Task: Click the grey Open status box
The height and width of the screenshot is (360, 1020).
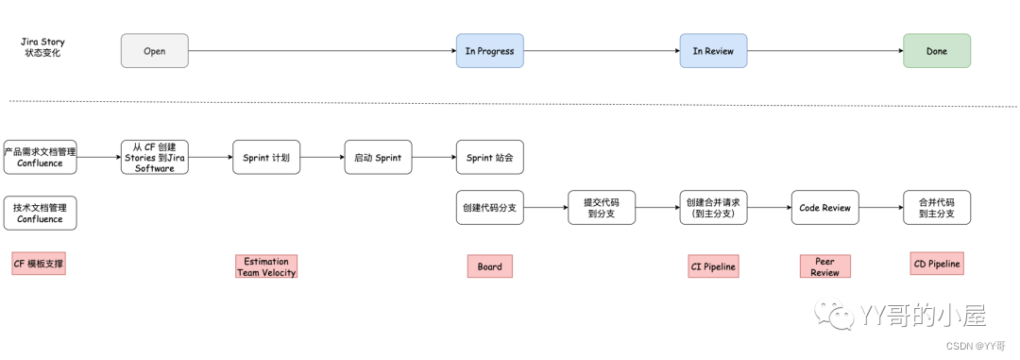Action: point(155,51)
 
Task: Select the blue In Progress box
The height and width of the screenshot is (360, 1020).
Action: point(489,51)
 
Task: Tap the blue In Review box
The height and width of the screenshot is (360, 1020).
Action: point(713,51)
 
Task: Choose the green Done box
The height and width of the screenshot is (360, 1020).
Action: point(936,51)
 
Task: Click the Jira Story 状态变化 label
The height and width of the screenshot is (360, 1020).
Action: point(42,47)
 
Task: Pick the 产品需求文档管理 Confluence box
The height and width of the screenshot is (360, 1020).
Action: point(40,157)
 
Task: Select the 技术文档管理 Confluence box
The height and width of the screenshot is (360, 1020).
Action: point(40,213)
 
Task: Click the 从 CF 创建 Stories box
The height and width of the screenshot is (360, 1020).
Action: point(155,157)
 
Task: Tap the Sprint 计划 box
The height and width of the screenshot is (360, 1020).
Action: point(266,157)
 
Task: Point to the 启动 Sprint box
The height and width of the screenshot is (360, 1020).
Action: point(378,157)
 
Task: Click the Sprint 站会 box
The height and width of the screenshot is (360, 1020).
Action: point(489,157)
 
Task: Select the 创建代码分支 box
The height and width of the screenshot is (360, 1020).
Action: point(489,208)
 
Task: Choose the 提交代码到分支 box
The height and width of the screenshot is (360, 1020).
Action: point(602,208)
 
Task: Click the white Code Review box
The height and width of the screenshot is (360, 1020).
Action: point(824,208)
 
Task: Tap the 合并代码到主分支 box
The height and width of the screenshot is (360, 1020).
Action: point(936,208)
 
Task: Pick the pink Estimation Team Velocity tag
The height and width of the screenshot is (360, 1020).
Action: point(266,266)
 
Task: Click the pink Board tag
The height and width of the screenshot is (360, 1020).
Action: point(489,266)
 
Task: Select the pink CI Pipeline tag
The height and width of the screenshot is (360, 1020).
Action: point(713,267)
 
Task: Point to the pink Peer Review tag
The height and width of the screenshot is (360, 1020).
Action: point(824,266)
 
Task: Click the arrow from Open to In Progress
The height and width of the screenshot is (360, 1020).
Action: point(321,51)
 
